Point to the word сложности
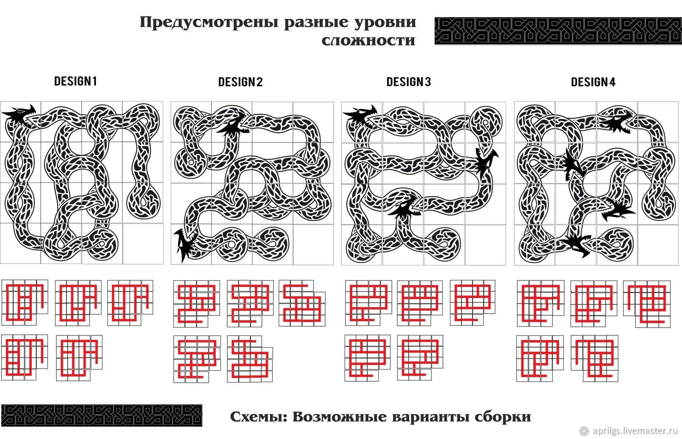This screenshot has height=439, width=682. [368, 41]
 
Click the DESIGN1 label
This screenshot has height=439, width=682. [75, 81]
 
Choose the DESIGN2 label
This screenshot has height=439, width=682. [240, 82]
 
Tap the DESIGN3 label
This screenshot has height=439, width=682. [409, 82]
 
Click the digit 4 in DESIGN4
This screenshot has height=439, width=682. [612, 82]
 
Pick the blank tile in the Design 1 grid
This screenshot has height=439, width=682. [143, 244]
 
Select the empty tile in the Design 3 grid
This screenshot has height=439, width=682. [485, 245]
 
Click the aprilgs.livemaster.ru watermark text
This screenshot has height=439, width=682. [635, 431]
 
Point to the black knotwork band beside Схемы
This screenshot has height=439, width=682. [102, 415]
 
